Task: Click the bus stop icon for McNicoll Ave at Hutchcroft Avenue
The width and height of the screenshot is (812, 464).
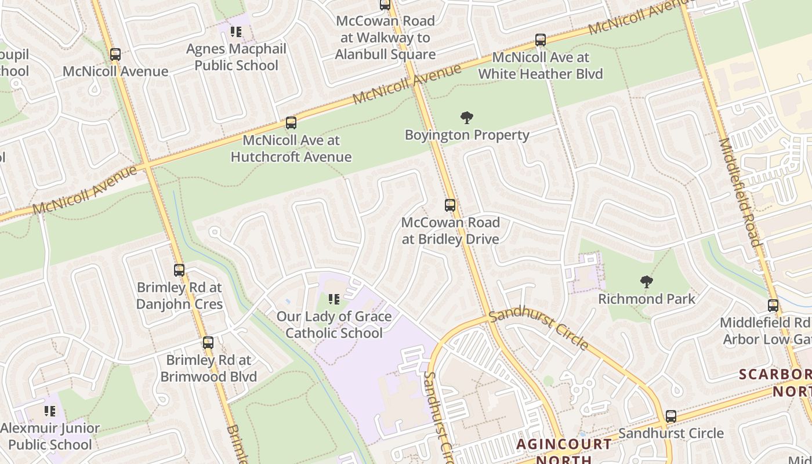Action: click(291, 123)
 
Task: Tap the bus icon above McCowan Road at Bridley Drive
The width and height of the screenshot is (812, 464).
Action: click(450, 205)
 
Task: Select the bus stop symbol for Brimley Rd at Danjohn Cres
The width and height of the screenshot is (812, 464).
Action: click(179, 270)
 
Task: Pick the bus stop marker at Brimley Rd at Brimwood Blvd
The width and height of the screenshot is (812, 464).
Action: click(208, 343)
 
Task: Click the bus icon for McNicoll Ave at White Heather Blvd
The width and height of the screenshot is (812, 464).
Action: click(541, 41)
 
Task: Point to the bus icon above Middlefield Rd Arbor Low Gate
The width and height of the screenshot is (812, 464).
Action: click(773, 306)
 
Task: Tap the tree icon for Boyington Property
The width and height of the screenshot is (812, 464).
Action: click(466, 118)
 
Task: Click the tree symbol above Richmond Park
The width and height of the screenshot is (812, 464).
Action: click(646, 282)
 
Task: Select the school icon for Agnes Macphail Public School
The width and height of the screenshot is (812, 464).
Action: click(235, 32)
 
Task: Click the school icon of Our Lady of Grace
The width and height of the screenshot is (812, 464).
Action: click(334, 299)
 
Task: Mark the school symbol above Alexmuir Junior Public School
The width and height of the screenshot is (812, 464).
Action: click(50, 411)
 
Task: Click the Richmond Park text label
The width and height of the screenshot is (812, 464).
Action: click(646, 299)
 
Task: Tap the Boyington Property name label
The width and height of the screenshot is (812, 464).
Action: click(467, 135)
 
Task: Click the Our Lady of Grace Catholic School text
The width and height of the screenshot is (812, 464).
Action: click(334, 325)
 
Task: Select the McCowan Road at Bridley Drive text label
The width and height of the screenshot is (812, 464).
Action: click(450, 231)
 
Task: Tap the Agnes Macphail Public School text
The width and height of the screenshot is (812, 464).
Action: click(236, 57)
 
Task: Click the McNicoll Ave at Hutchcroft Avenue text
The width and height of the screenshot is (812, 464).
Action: click(291, 148)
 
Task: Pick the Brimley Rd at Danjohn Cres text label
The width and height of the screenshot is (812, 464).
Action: click(179, 296)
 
